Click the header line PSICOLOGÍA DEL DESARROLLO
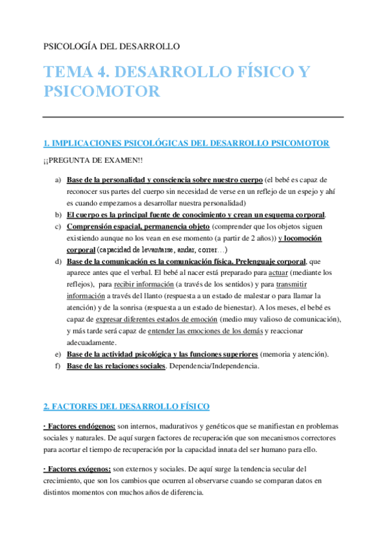[111, 46]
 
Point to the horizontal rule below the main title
[193, 117]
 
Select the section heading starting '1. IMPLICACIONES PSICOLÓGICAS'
[186, 143]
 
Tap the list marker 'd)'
[58, 261]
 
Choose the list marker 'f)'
[58, 366]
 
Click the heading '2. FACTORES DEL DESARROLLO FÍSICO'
[126, 407]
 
